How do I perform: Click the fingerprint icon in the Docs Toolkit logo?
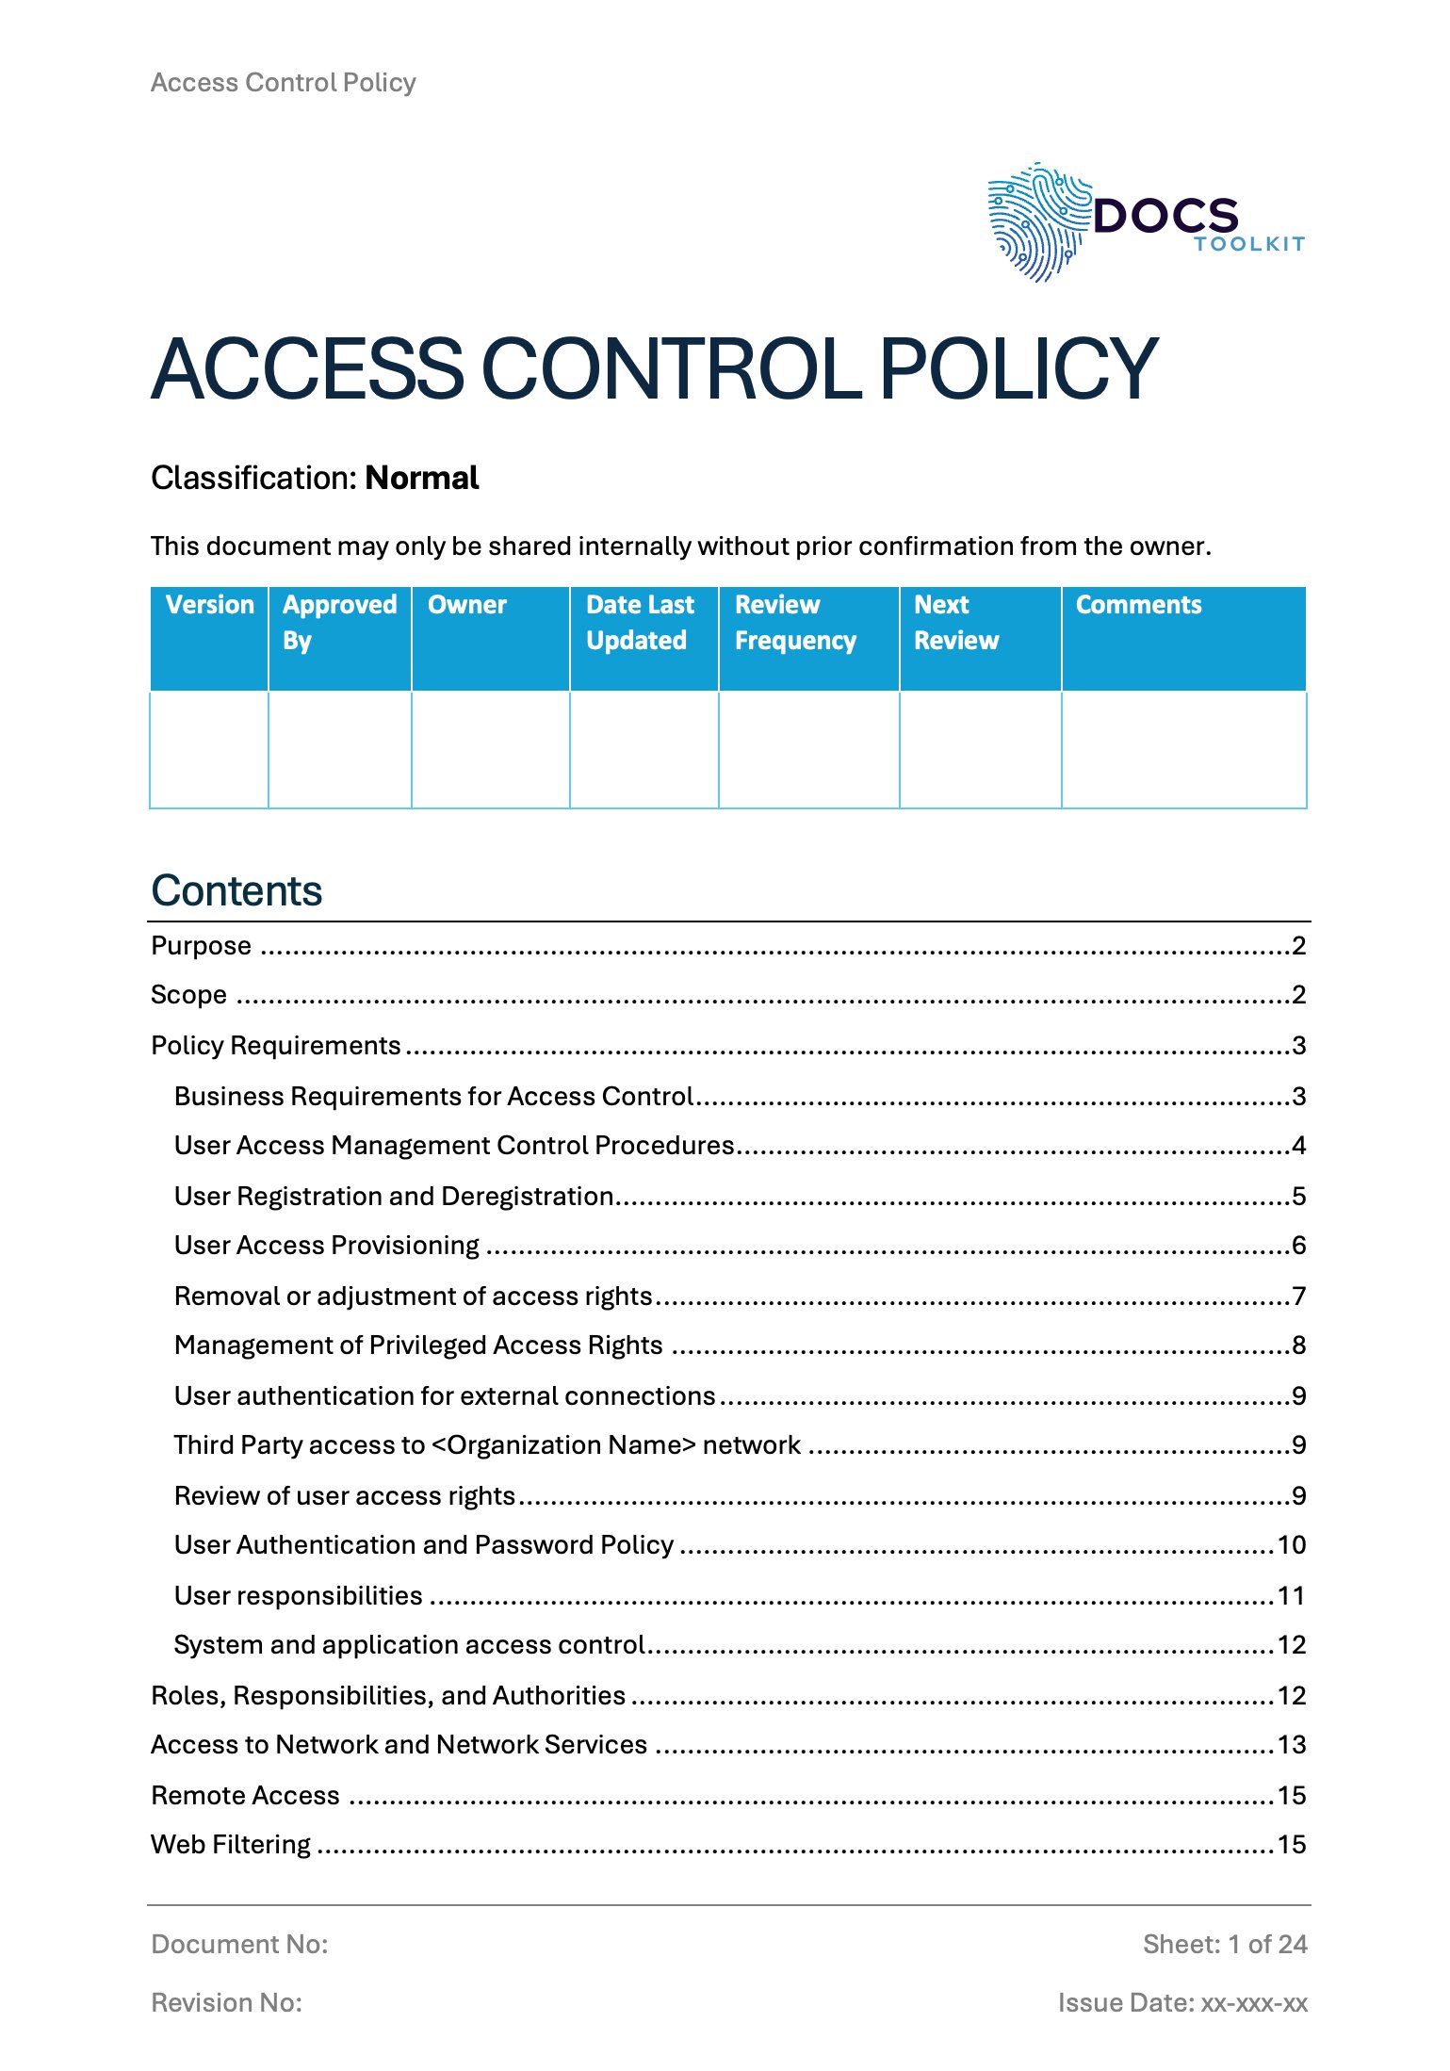pyautogui.click(x=1036, y=222)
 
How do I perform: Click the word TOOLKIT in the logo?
pyautogui.click(x=1248, y=244)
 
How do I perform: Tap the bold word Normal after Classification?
pyautogui.click(x=422, y=478)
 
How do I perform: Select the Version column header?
pyautogui.click(x=209, y=605)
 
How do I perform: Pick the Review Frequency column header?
pyautogui.click(x=795, y=623)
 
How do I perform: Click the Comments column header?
pyautogui.click(x=1138, y=605)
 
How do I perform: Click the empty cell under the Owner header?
pyautogui.click(x=490, y=750)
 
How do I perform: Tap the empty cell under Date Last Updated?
pyautogui.click(x=644, y=750)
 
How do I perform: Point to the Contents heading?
pyautogui.click(x=236, y=890)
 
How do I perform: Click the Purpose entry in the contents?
pyautogui.click(x=202, y=946)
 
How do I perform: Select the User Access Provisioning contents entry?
pyautogui.click(x=327, y=1246)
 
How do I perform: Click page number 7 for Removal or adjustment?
pyautogui.click(x=1299, y=1296)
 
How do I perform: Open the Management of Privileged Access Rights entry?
pyautogui.click(x=418, y=1345)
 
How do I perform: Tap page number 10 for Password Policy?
pyautogui.click(x=1291, y=1545)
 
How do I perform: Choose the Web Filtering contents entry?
pyautogui.click(x=231, y=1845)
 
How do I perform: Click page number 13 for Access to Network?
pyautogui.click(x=1291, y=1745)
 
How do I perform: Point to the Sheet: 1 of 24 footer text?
pyautogui.click(x=1224, y=1945)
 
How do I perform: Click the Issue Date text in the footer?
pyautogui.click(x=1181, y=2003)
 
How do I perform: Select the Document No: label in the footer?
pyautogui.click(x=239, y=1945)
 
